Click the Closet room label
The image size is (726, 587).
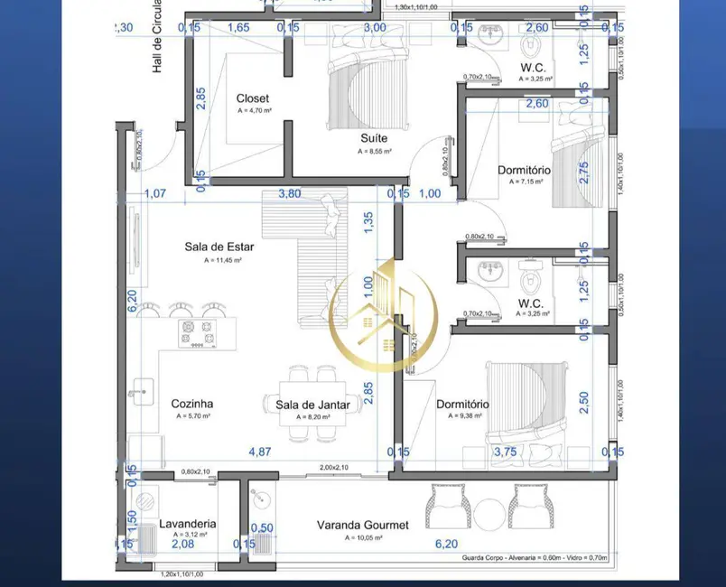(x=253, y=98)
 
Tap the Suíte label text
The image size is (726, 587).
(x=375, y=138)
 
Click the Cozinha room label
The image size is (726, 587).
(x=191, y=404)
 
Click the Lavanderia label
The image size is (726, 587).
(x=187, y=523)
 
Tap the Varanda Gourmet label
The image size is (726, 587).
(x=362, y=525)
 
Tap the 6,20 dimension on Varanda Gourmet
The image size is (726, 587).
(x=446, y=544)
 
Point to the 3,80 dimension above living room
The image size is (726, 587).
(x=289, y=193)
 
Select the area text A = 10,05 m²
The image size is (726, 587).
(x=362, y=537)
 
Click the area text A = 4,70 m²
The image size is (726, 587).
(x=255, y=111)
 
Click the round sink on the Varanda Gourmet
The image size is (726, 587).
(x=261, y=499)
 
